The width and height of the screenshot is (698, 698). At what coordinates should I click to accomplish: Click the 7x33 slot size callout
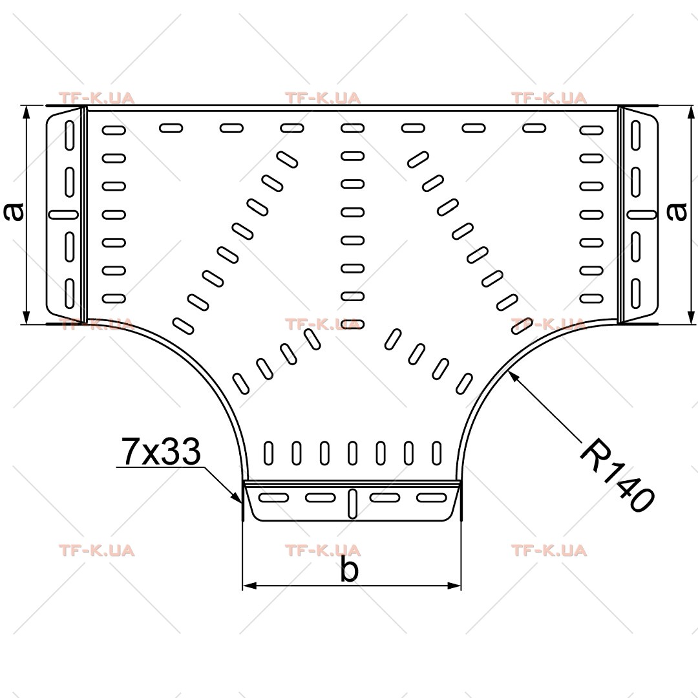pos(161,452)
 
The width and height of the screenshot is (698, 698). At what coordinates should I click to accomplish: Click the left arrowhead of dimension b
pos(249,586)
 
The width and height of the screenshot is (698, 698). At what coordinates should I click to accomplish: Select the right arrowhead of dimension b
pos(454,586)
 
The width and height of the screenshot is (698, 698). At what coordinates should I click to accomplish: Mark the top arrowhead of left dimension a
pos(26,113)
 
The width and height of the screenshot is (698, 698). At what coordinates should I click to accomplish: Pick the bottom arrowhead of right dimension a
pos(691,317)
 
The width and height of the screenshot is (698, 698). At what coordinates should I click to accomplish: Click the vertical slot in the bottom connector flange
pos(352,503)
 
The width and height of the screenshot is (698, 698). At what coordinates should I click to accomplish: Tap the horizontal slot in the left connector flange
pos(63,215)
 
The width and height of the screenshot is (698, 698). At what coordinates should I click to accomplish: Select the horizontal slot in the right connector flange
pos(642,215)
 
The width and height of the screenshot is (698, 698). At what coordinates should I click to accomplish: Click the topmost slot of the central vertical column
pos(353,128)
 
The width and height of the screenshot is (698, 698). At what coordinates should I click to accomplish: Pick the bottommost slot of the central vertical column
pos(353,324)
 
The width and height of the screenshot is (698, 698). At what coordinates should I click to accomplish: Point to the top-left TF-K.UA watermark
pos(96,98)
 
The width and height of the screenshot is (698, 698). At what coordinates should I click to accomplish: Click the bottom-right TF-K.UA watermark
pos(549,551)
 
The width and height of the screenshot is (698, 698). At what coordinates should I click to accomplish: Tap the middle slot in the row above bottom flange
pos(353,453)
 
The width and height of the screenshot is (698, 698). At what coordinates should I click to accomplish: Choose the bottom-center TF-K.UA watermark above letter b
pos(323,551)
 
